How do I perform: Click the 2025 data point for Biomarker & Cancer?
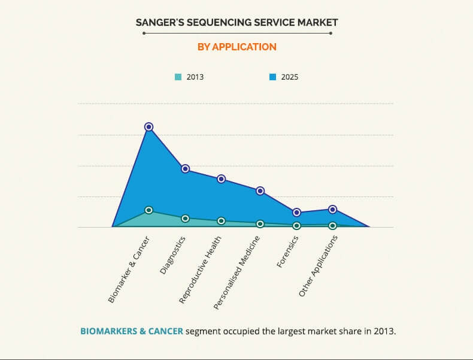pos(149,127)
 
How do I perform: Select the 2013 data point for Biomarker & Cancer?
pos(149,210)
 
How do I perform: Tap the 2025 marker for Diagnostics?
pos(186,169)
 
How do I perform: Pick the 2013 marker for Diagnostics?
pos(186,219)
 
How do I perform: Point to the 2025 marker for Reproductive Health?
pos(222,179)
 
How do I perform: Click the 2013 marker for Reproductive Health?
pos(222,221)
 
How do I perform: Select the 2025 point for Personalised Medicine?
pos(260,191)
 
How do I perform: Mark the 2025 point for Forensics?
pos(296,213)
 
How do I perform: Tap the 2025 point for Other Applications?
pos(333,210)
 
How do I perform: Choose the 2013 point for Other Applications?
pos(333,226)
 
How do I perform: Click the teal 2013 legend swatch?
pos(178,77)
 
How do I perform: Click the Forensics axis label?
pos(288,251)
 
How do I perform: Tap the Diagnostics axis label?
pos(172,255)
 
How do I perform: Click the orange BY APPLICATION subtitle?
pos(236,47)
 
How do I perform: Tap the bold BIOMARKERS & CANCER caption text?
pos(131,331)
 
